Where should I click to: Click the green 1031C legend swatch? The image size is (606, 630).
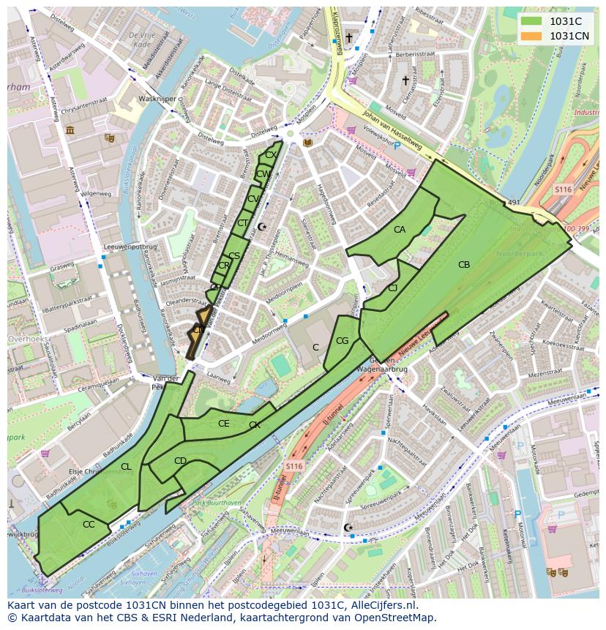532,21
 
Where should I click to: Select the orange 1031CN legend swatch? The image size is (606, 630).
532,36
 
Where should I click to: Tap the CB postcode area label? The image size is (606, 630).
463,265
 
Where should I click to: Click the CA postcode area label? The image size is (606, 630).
400,230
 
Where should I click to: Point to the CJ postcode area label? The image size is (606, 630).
393,288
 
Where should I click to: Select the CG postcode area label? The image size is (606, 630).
342,341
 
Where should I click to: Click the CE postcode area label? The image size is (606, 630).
224,424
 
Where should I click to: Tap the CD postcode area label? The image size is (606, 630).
180,461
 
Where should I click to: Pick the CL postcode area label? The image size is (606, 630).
126,467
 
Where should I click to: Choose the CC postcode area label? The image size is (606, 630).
89,525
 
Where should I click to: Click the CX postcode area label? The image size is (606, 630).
270,155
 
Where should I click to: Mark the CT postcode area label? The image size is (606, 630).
242,223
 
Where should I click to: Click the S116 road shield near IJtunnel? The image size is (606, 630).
293,466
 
